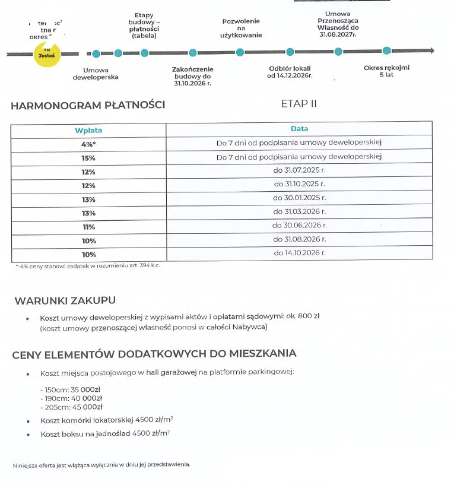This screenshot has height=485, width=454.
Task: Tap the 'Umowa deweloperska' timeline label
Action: [x=96, y=73]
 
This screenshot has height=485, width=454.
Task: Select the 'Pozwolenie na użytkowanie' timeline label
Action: [x=241, y=28]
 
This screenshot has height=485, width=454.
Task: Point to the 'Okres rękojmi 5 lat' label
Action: [x=386, y=71]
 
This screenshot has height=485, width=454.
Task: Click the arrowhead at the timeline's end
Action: [x=431, y=52]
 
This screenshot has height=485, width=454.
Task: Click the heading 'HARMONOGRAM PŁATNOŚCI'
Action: [x=88, y=106]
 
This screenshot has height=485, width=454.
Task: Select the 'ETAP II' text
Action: [x=299, y=104]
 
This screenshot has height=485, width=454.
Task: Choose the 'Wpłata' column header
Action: [x=88, y=130]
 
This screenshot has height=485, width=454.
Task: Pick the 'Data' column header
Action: [x=299, y=129]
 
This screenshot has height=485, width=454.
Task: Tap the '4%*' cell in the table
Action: [x=88, y=143]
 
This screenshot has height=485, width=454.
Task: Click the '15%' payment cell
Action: [x=88, y=158]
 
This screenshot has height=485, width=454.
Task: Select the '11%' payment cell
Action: [x=88, y=227]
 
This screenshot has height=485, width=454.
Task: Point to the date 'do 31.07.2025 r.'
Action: [x=299, y=170]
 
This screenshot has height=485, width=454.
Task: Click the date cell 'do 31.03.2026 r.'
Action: [x=299, y=211]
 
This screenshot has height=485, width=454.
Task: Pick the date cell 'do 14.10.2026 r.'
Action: [x=299, y=253]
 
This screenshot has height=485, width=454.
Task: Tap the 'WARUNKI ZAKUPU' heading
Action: [x=65, y=300]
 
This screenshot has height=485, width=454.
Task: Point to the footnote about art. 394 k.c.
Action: [x=88, y=266]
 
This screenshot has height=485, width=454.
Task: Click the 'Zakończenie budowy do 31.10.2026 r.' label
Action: [x=192, y=77]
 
